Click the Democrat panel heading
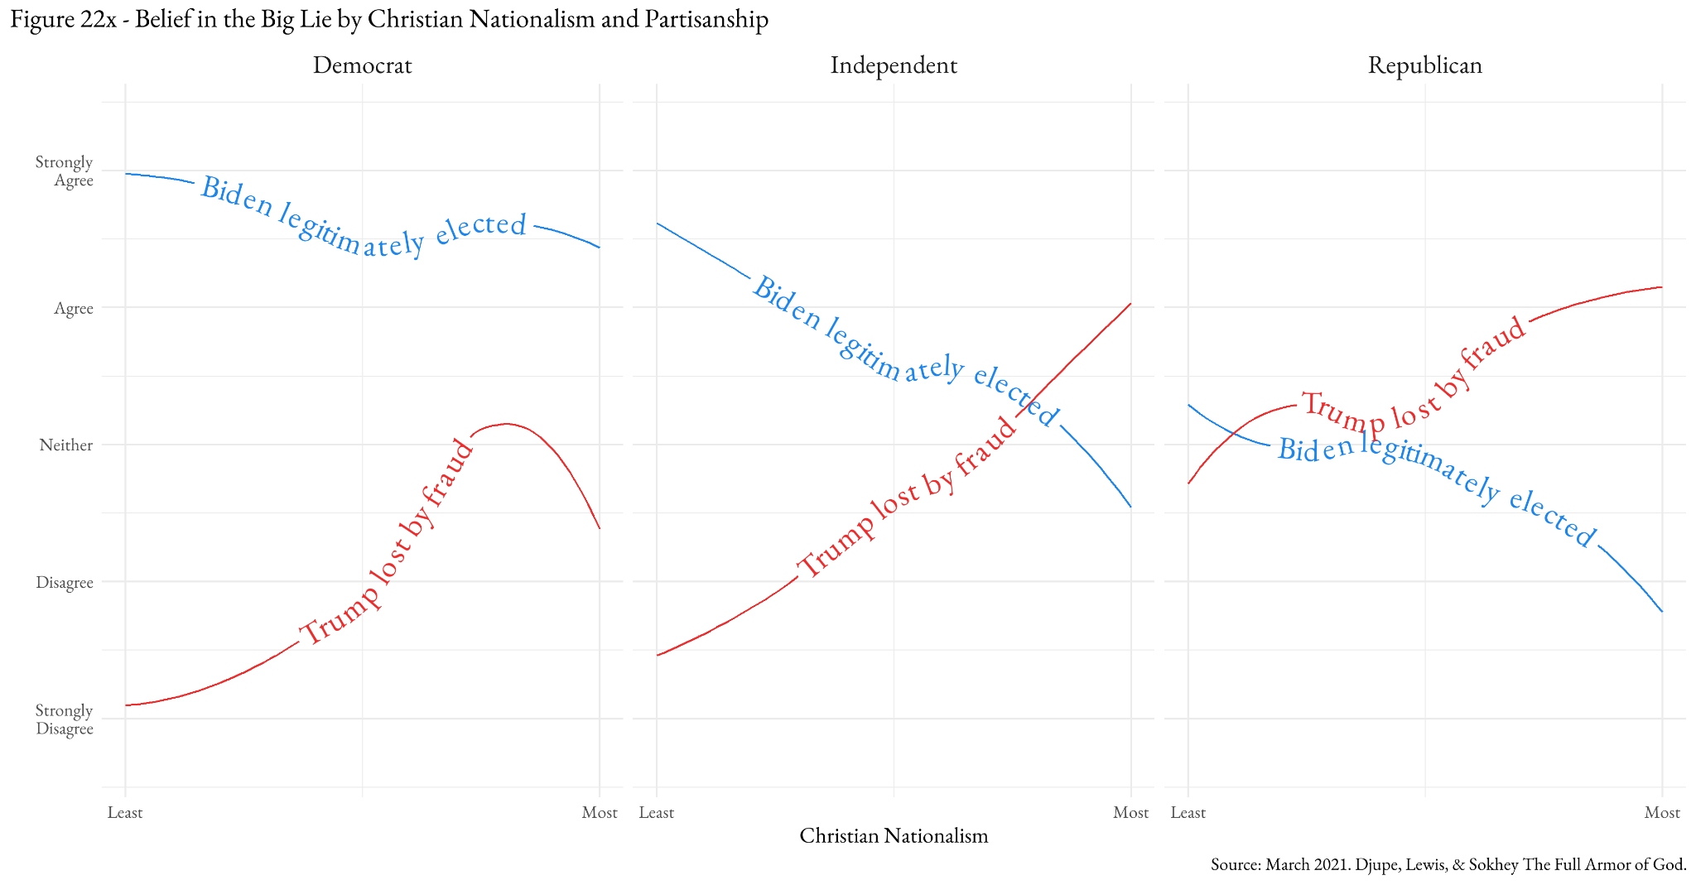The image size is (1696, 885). [x=362, y=65]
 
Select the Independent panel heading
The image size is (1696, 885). [x=894, y=65]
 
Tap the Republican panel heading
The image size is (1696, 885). [x=1424, y=65]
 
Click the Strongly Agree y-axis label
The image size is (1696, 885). [x=65, y=171]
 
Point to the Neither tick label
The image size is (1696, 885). [x=66, y=445]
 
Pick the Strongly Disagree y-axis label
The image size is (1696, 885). [x=65, y=719]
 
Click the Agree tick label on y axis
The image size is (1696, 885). [x=74, y=309]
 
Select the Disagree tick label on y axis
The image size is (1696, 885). [x=65, y=583]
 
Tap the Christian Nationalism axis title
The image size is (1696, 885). [x=894, y=835]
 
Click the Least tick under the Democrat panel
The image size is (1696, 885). [x=125, y=812]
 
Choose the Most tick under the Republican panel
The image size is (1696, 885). [x=1661, y=812]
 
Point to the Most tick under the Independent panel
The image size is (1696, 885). [x=1130, y=812]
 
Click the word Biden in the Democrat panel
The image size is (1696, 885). [x=237, y=200]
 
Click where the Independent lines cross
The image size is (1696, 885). [x=1027, y=406]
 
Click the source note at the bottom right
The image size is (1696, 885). [x=1448, y=865]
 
